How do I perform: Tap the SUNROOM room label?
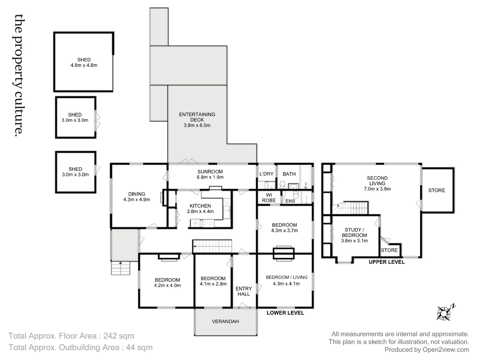[210, 172]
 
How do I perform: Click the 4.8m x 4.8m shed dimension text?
[84, 65]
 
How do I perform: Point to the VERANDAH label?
[225, 321]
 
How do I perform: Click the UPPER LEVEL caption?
[387, 262]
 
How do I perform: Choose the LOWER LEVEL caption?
[285, 313]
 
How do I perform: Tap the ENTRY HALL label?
[244, 291]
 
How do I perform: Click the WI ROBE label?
[269, 198]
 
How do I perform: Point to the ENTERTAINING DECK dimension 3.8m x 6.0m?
[197, 125]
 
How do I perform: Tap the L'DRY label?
[266, 174]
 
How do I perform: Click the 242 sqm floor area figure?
[118, 336]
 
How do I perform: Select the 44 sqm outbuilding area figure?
[139, 347]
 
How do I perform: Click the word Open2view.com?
[446, 350]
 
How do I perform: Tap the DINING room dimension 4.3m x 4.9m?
[136, 199]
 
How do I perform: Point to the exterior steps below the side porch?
[121, 268]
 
